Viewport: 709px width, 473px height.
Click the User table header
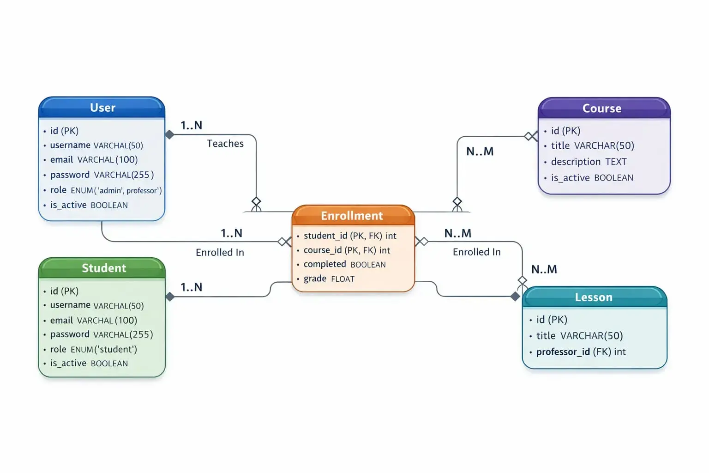tap(102, 108)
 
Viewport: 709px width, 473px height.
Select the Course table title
tap(601, 109)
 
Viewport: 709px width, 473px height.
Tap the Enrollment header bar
tap(352, 216)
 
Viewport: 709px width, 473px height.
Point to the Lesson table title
tap(594, 297)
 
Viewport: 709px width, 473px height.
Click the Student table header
tap(103, 268)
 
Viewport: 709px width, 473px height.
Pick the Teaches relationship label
tap(225, 144)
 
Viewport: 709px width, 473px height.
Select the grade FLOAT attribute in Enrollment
tap(329, 279)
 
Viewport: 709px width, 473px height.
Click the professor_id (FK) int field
tap(581, 352)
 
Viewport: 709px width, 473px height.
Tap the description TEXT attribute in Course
tap(589, 162)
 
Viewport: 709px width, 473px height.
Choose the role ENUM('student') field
tap(93, 349)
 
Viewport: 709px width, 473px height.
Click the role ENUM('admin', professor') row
tap(106, 190)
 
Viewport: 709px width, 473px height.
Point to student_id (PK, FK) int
tap(350, 236)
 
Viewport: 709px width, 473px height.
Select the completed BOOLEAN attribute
tap(344, 264)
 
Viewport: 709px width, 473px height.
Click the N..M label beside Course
tap(480, 152)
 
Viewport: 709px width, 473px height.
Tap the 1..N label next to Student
tap(191, 287)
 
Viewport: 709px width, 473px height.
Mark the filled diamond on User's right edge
tap(170, 135)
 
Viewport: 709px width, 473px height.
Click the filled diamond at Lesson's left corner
tap(515, 297)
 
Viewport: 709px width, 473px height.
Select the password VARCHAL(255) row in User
tap(102, 175)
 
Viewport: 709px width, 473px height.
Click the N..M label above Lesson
tap(544, 269)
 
